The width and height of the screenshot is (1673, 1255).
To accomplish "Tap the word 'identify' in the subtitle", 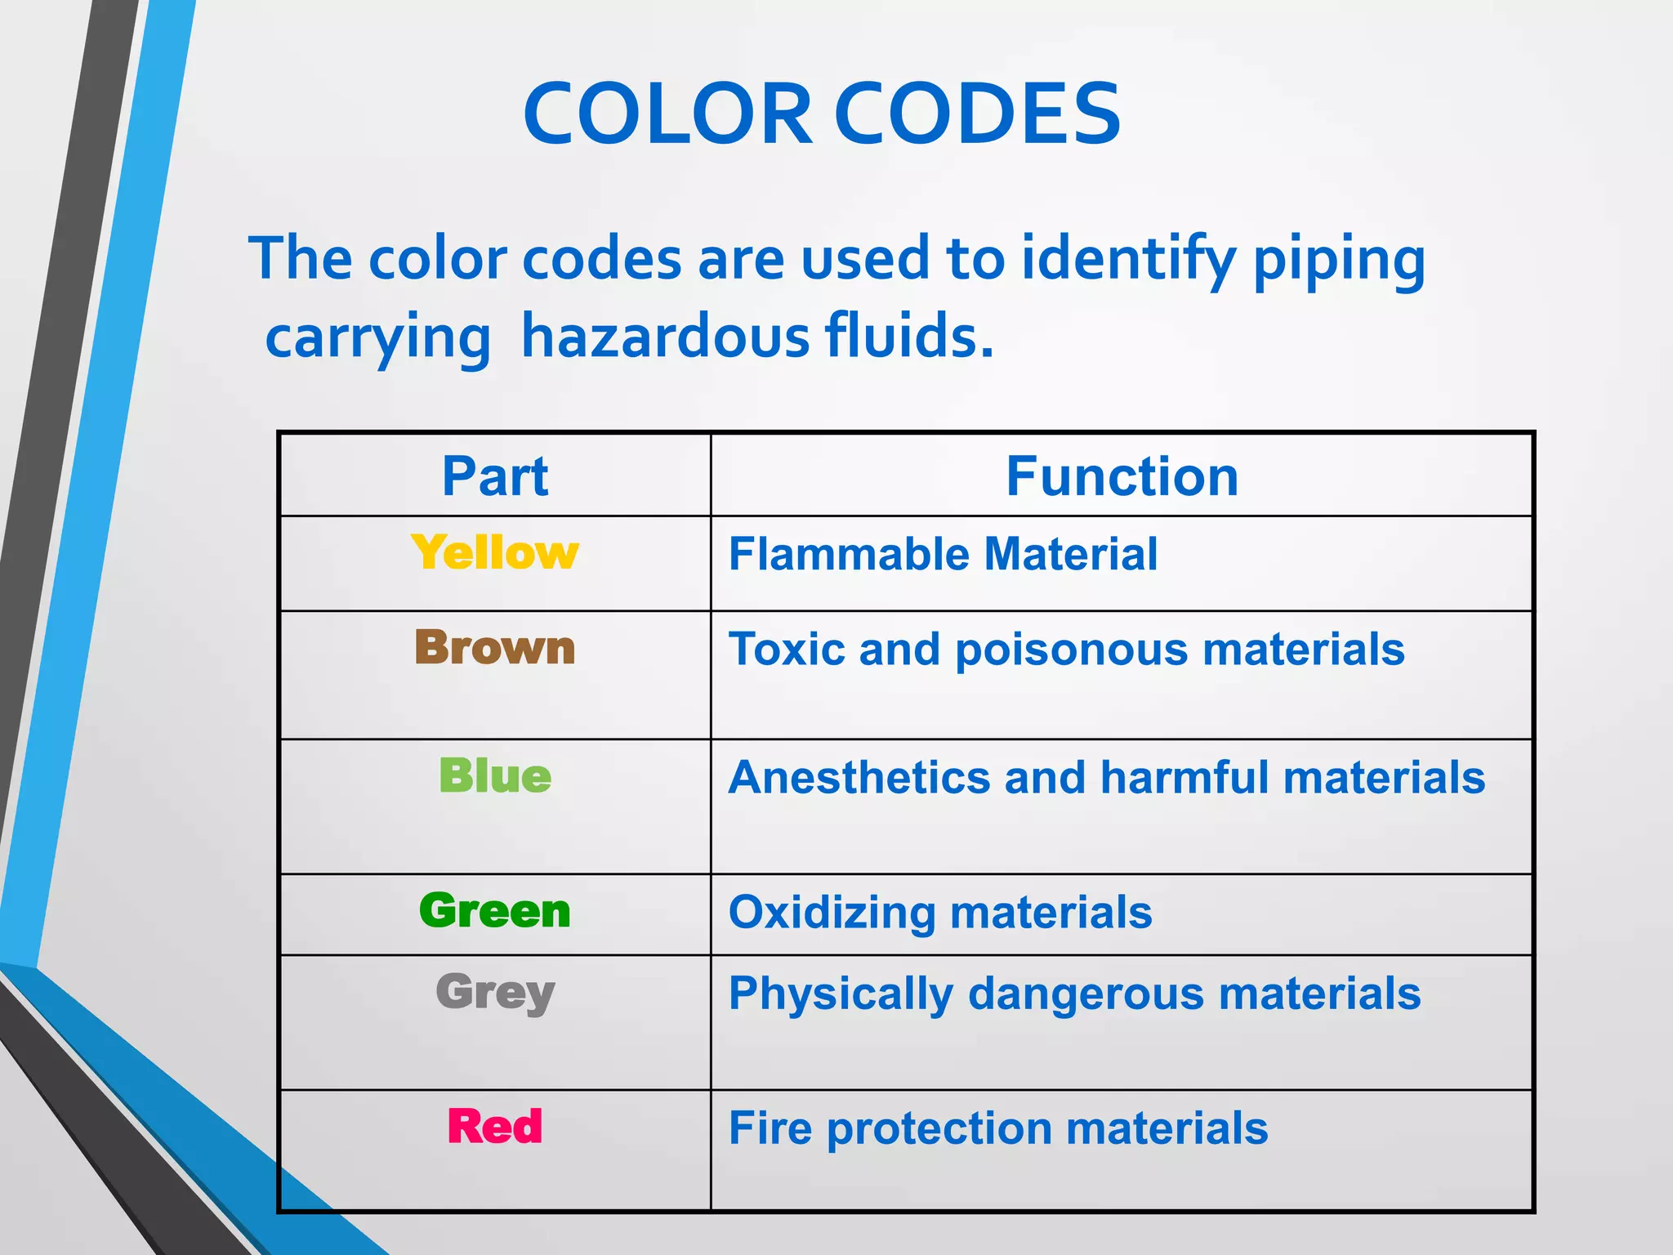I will (1128, 259).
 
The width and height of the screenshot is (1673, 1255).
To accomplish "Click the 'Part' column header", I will (495, 476).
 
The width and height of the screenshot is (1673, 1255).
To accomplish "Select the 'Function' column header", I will (1122, 476).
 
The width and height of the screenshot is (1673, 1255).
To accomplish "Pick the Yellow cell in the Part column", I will (495, 553).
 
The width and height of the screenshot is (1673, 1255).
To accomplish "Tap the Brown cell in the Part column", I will (495, 648).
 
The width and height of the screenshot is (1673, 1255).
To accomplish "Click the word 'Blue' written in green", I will (495, 775).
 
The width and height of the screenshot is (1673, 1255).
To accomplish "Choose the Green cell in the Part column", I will (495, 911).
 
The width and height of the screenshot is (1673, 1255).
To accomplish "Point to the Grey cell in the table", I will (495, 994).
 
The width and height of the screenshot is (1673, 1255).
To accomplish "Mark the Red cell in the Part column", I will (495, 1127).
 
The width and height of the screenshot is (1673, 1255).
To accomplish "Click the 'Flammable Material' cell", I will (943, 554).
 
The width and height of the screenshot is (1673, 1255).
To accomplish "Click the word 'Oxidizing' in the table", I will (832, 913).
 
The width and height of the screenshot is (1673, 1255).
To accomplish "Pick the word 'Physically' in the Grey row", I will (841, 994).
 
